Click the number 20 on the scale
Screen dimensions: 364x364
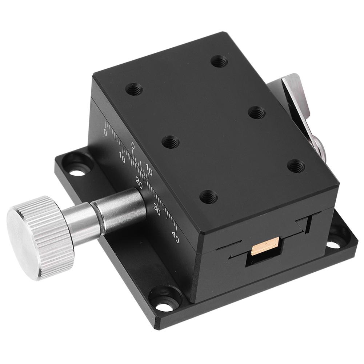(x=139, y=181)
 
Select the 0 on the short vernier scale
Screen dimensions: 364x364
(x=133, y=146)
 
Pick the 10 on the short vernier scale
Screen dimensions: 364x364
(x=149, y=167)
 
